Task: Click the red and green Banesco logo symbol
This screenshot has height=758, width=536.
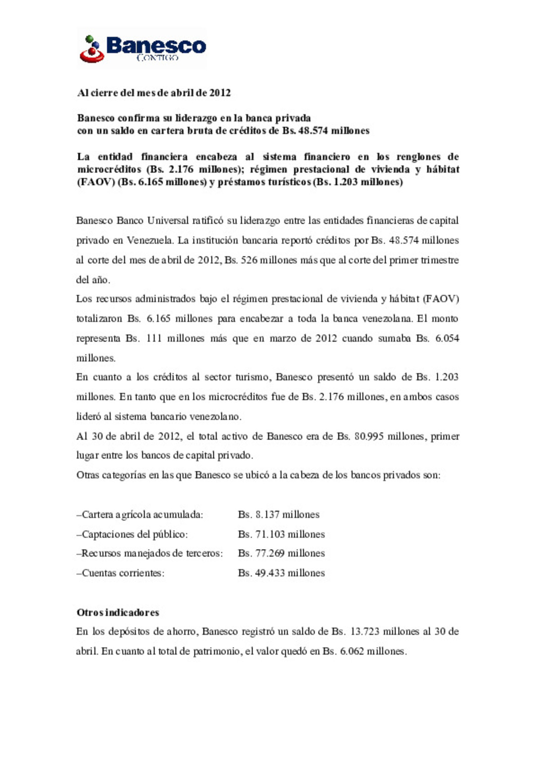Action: point(91,49)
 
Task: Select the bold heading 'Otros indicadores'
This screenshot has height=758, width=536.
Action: point(118,613)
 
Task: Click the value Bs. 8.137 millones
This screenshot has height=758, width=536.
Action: point(278,514)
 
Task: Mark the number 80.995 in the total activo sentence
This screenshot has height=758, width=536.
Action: point(369,437)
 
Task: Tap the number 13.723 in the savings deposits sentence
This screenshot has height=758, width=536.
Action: point(365,632)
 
